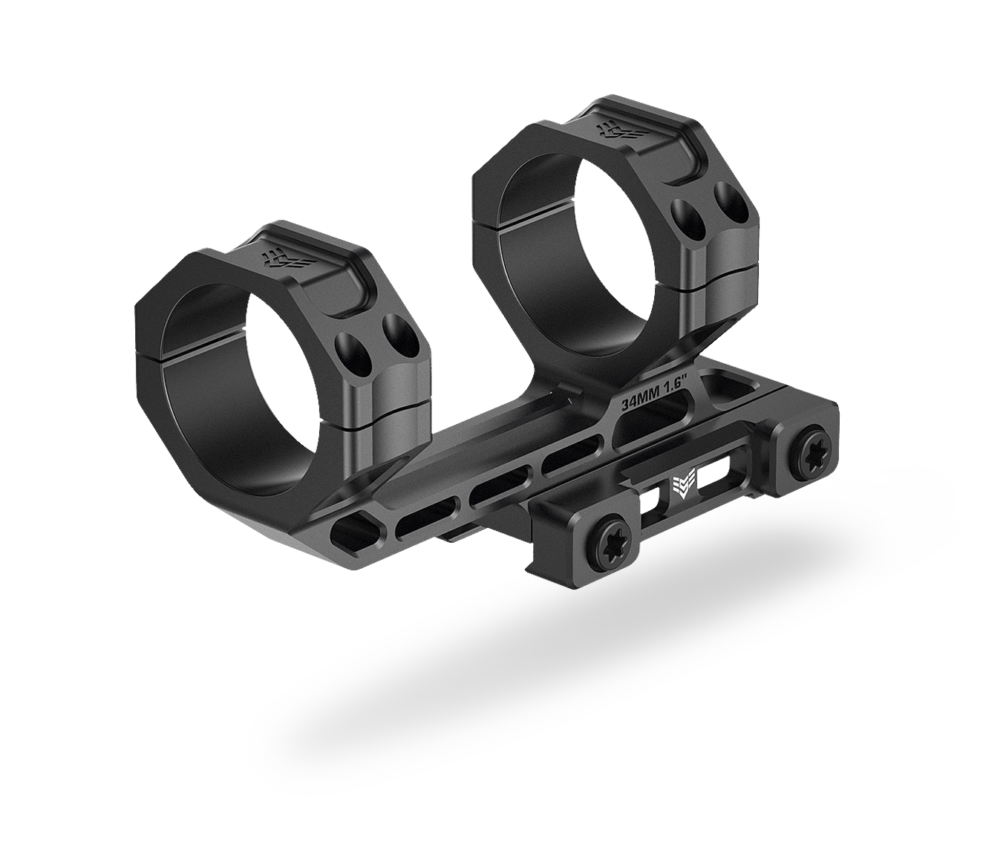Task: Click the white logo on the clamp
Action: pos(681,486)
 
